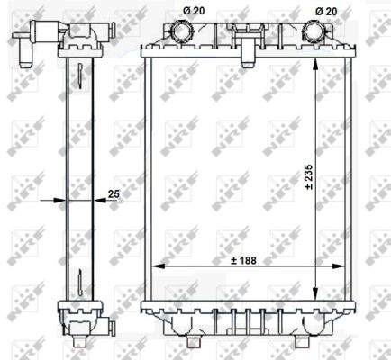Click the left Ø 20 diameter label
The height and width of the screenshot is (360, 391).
[193, 10]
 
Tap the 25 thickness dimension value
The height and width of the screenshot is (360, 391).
[114, 192]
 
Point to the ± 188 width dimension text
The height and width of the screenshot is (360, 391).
[243, 260]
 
